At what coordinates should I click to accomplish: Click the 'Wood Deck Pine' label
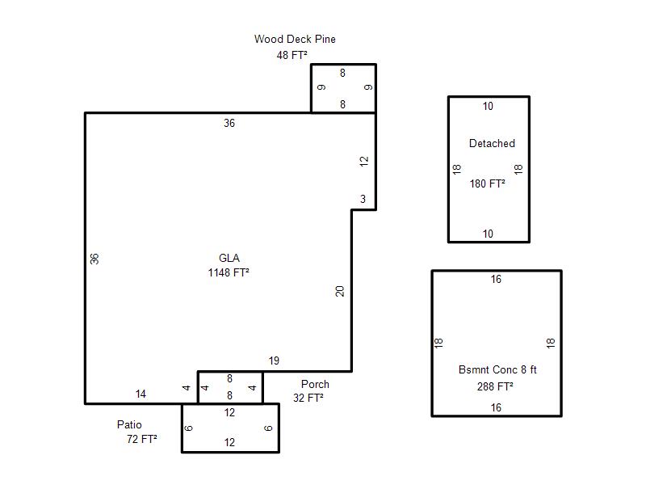[295, 39]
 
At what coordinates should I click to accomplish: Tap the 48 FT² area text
[292, 55]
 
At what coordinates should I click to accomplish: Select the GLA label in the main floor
[229, 258]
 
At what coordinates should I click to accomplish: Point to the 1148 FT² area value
[229, 272]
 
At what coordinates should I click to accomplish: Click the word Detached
[492, 144]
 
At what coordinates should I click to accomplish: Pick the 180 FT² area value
[488, 183]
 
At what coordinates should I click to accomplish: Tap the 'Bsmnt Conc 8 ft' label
[497, 369]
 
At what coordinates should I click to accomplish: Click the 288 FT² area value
[495, 386]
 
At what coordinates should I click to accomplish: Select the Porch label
[315, 385]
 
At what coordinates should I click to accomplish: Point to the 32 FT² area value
[308, 398]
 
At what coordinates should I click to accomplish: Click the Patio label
[129, 425]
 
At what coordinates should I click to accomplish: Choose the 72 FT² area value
[142, 439]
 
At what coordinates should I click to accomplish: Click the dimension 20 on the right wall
[339, 292]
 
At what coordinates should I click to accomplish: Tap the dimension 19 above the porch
[274, 361]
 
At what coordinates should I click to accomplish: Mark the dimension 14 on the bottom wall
[141, 394]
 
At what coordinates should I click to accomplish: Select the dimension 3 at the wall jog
[363, 199]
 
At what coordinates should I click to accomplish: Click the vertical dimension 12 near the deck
[364, 161]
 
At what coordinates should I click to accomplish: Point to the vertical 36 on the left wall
[94, 259]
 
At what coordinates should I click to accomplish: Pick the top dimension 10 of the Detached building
[488, 107]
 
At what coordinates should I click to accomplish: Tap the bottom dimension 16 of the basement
[496, 408]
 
